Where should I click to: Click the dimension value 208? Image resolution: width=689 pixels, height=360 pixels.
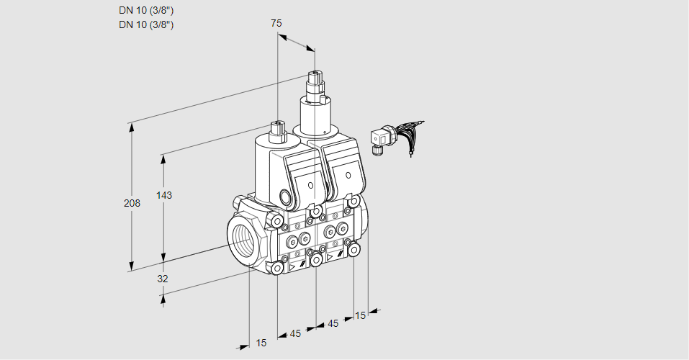point(132,204)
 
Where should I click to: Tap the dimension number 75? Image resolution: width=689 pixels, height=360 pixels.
point(276,23)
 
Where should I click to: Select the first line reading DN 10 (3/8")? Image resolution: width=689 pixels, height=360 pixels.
point(146,10)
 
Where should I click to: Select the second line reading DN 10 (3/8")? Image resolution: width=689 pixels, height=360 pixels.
point(146,24)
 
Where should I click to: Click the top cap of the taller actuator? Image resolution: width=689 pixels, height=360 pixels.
point(315,75)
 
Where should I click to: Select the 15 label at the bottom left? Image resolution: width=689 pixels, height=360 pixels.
point(261,343)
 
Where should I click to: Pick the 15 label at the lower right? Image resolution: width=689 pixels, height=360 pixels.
point(361,315)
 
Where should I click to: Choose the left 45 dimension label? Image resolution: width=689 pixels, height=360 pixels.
point(296,333)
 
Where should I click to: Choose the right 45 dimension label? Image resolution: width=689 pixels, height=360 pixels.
point(333,323)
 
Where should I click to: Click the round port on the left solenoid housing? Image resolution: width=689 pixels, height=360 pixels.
point(286,197)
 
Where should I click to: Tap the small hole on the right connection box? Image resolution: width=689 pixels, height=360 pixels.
point(348,175)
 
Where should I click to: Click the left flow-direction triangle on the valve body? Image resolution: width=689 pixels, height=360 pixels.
point(292,266)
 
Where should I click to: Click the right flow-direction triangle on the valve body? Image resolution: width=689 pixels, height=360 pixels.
point(330,256)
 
